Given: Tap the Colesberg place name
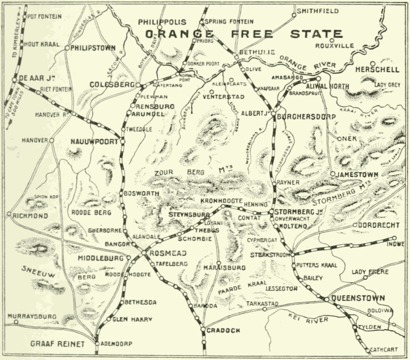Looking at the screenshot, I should tap(111, 85).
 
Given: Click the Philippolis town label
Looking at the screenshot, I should tap(160, 21).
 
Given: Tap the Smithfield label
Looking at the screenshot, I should tap(316, 10).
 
